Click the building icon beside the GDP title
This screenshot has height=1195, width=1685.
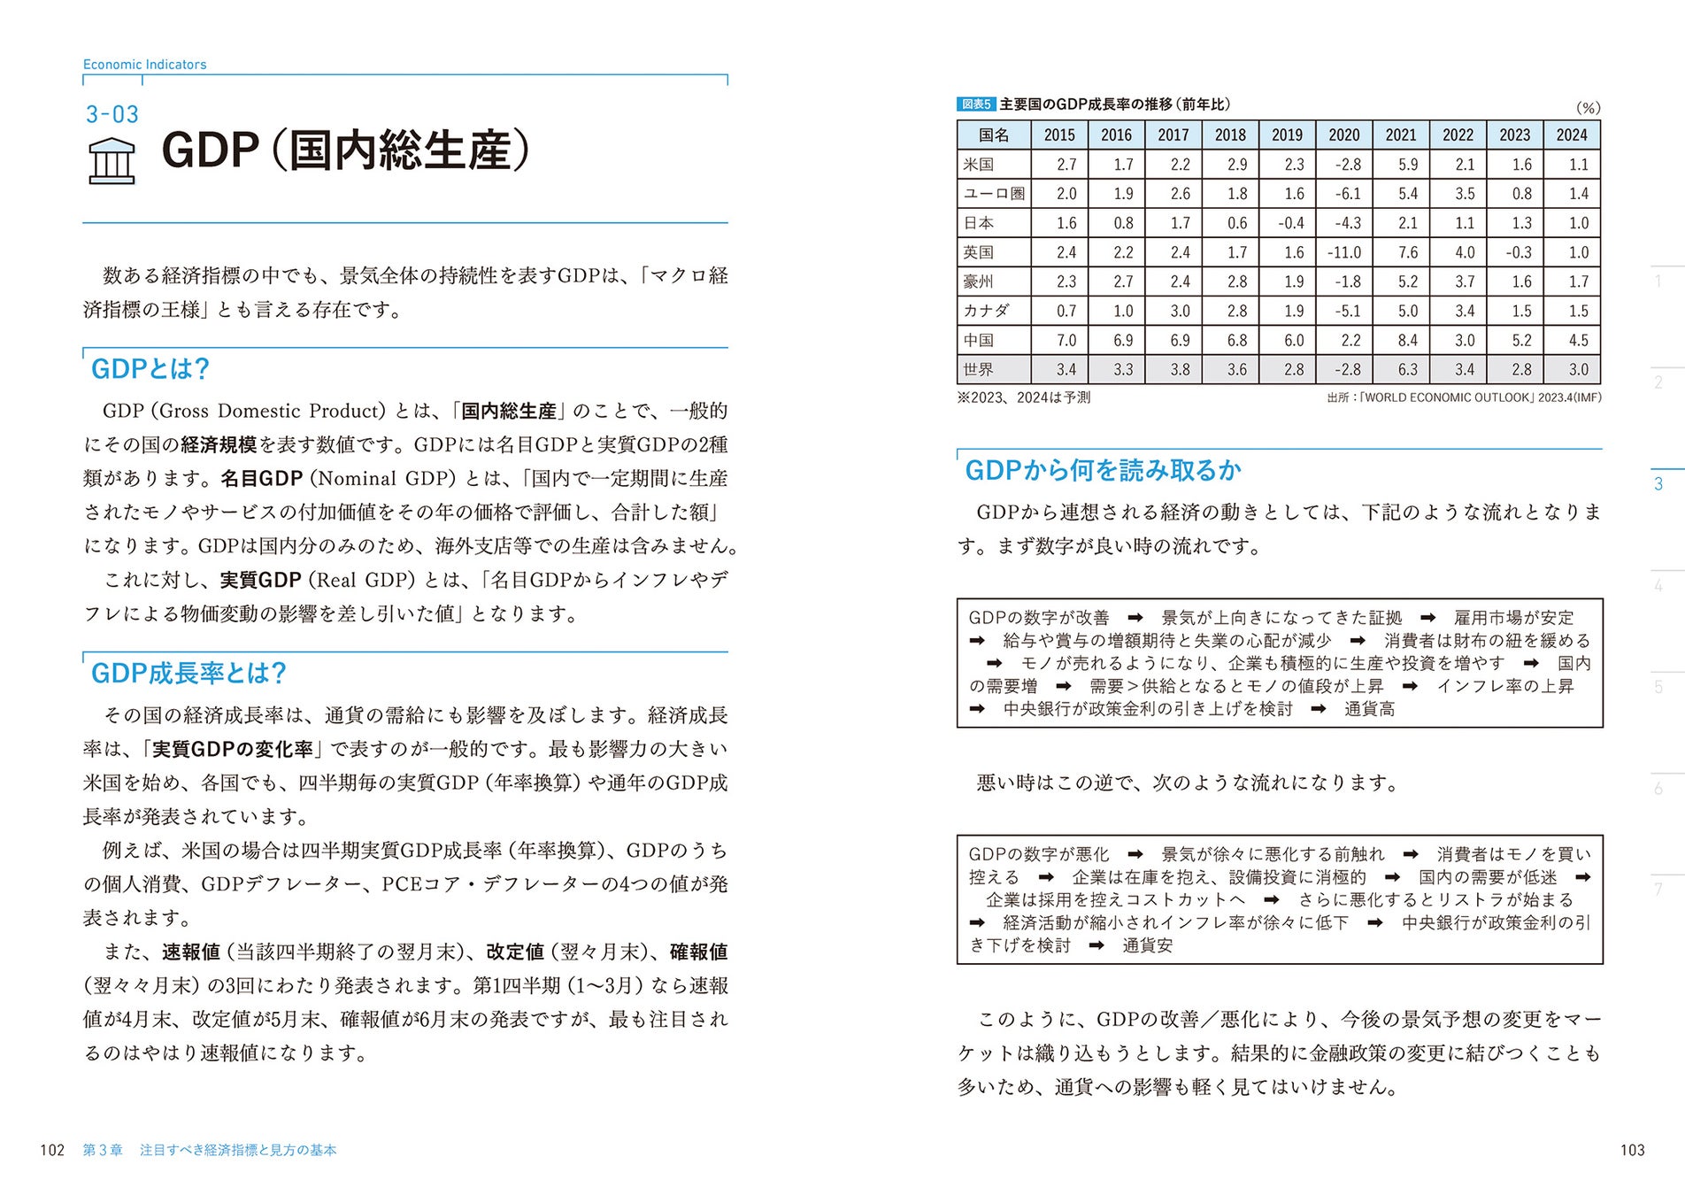tap(112, 161)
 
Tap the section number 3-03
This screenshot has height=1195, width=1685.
tap(112, 114)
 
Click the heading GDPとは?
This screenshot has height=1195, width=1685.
tap(150, 368)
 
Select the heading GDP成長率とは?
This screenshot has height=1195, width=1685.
tap(189, 673)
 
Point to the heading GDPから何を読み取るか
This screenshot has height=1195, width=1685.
tap(1103, 470)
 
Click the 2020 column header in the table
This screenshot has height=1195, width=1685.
tap(1343, 135)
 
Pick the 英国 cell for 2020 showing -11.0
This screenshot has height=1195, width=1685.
tap(1343, 252)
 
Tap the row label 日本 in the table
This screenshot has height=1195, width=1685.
tap(979, 223)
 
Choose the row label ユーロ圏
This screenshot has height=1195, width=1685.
tap(994, 194)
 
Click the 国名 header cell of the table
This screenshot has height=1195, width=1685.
tap(994, 135)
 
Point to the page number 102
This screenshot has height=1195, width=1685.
tap(52, 1150)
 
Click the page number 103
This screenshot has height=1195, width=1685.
tap(1632, 1150)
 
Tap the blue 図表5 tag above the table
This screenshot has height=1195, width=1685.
tap(976, 104)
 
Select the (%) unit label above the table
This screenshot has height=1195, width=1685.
tap(1588, 108)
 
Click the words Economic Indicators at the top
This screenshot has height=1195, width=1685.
tap(144, 65)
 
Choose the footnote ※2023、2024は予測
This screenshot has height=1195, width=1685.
tap(1023, 397)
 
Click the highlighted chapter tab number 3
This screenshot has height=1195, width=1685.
tap(1658, 484)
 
